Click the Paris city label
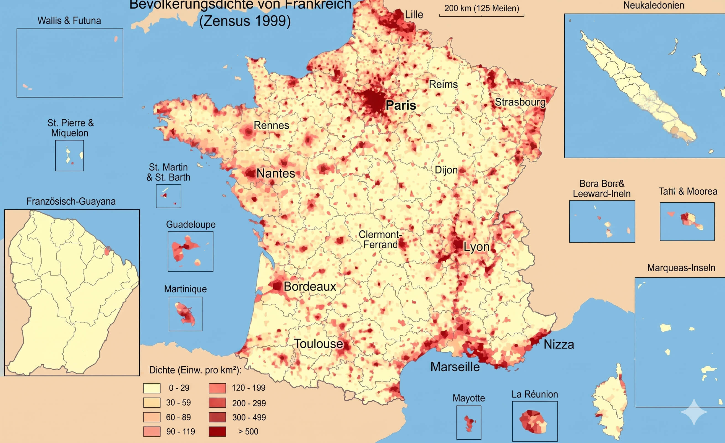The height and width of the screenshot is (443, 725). tap(400, 105)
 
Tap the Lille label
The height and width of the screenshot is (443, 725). tap(414, 14)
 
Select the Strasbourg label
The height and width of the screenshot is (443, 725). tap(520, 102)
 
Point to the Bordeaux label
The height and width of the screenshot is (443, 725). tap(309, 286)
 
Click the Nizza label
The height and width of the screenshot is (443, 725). tap(559, 344)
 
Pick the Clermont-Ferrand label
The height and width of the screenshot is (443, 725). tap(380, 239)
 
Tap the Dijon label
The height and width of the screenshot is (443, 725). tap(446, 170)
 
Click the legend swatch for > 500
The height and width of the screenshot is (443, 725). tap(217, 432)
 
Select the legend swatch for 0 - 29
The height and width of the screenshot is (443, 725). tap(152, 388)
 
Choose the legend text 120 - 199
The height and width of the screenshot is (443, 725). tap(248, 388)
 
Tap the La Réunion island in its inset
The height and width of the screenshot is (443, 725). tap(533, 422)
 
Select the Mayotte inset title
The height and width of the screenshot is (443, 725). tap(468, 398)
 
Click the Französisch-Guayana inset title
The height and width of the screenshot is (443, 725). tap(71, 202)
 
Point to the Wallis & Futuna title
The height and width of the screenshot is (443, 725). tap(69, 20)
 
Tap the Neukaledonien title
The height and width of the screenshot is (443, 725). tap(653, 5)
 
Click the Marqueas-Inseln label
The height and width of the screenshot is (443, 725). tap(681, 268)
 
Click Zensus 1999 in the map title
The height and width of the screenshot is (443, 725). tap(245, 21)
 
